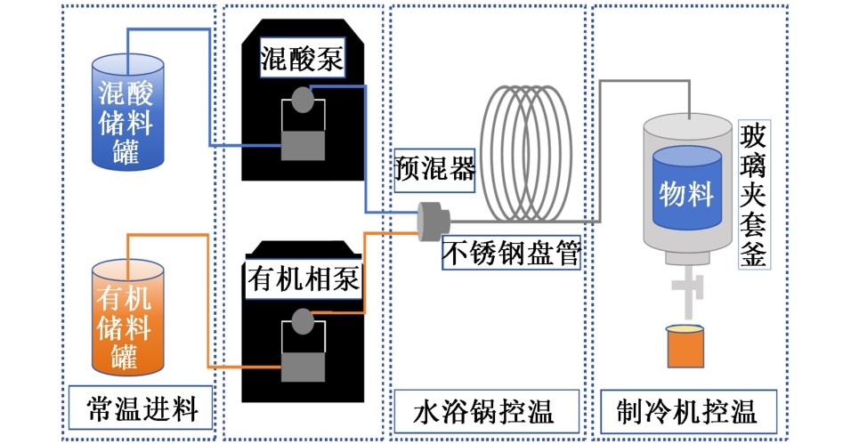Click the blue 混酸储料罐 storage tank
(128, 114)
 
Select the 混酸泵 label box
(303, 60)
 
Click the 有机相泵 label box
(303, 279)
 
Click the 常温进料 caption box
(142, 410)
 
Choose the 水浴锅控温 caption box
(484, 412)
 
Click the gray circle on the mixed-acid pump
(303, 98)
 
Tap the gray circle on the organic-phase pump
(303, 319)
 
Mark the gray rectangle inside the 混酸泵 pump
(303, 145)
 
